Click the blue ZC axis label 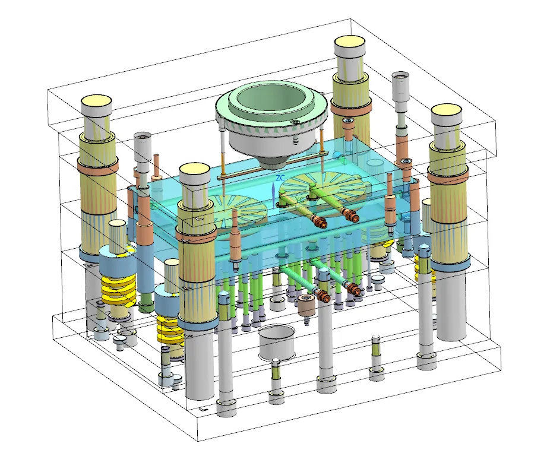[280, 178]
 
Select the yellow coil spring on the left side [119, 289]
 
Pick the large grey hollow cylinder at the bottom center [276, 343]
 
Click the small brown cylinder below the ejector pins [305, 305]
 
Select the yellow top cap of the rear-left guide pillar [96, 102]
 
